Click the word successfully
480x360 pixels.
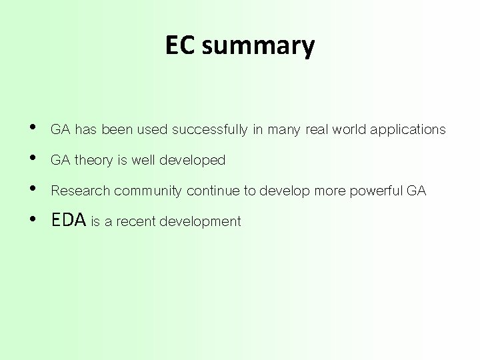[210, 130]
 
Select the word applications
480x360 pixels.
[407, 129]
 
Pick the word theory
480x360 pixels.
[93, 161]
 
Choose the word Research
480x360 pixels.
[80, 191]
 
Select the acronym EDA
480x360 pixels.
[69, 221]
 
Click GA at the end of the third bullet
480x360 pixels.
[417, 191]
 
